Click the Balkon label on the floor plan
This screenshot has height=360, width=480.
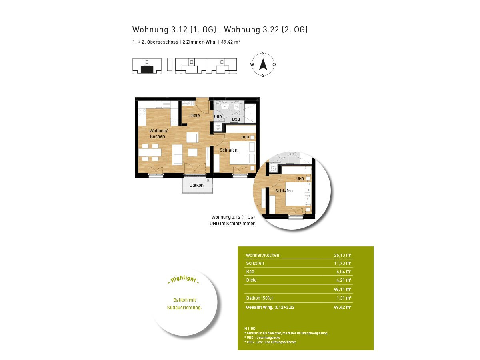click(196, 185)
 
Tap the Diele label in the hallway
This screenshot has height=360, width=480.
click(194, 116)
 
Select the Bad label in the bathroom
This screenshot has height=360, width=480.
click(236, 119)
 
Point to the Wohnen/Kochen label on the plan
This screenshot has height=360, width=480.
click(158, 134)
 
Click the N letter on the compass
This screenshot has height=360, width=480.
click(263, 53)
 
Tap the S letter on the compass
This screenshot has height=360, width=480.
click(263, 75)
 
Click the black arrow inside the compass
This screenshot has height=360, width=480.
click(263, 64)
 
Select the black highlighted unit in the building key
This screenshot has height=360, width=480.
click(147, 70)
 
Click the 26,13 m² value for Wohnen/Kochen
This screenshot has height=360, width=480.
click(342, 255)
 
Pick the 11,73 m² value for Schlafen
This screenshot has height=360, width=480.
click(342, 263)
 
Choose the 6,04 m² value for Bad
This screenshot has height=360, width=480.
click(344, 272)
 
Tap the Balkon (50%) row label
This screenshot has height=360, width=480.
click(259, 298)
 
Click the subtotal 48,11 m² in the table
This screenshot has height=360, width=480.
click(342, 289)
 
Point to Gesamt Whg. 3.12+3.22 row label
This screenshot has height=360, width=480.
click(270, 307)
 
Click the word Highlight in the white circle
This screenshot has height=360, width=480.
click(184, 279)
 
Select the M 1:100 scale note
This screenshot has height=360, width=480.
click(250, 328)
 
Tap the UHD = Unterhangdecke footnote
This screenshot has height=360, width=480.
click(262, 338)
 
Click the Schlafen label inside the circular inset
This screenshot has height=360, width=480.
click(284, 191)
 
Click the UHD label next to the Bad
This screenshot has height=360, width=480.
click(218, 116)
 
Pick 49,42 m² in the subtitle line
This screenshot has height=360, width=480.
click(231, 42)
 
